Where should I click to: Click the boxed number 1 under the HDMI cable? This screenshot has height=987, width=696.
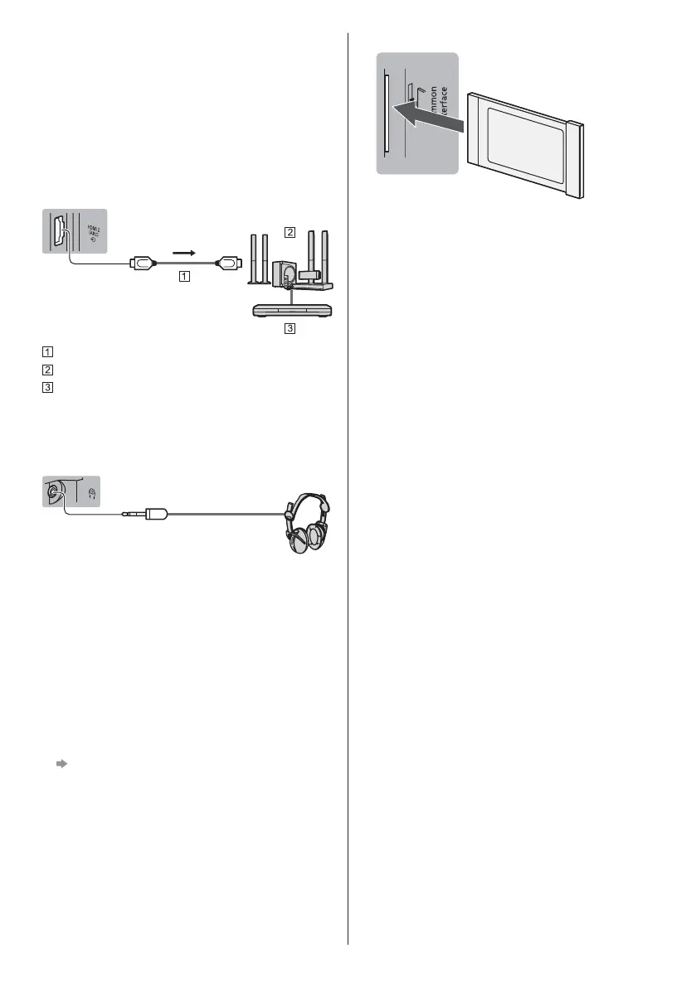click(183, 278)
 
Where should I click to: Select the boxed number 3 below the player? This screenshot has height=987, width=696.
click(289, 328)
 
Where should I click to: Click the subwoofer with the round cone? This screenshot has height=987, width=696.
click(285, 274)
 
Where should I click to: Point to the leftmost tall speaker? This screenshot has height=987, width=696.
click(252, 256)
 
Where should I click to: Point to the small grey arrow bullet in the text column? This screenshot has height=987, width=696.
click(61, 765)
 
